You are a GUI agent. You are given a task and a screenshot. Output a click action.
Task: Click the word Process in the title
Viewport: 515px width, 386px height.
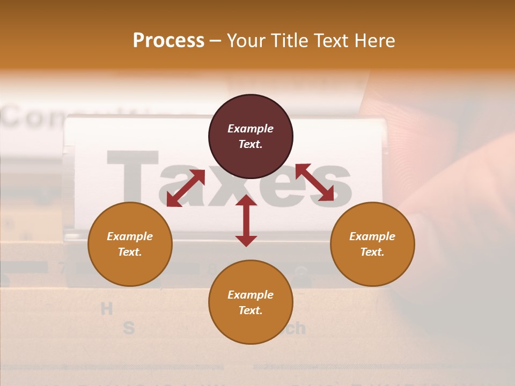[x=168, y=41]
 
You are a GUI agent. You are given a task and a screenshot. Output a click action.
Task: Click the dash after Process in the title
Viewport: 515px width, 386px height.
[x=215, y=41]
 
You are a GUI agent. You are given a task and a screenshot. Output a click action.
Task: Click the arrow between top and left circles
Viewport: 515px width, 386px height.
[x=186, y=188]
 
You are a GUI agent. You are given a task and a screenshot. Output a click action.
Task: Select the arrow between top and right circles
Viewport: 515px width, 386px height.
[x=315, y=182]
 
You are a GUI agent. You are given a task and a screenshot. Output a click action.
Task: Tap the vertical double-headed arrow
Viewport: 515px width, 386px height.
[x=246, y=220]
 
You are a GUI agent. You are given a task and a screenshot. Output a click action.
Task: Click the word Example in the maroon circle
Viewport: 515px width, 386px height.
[x=251, y=129]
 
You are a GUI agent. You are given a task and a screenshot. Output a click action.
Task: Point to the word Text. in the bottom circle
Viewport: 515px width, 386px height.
[x=251, y=310]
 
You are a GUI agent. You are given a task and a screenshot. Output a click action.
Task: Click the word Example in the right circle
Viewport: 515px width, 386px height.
[x=372, y=236]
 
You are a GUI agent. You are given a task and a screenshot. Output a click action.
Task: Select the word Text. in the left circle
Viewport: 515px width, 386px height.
[x=130, y=252]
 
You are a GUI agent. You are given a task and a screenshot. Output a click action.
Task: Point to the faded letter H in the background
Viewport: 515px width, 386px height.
[x=107, y=308]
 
